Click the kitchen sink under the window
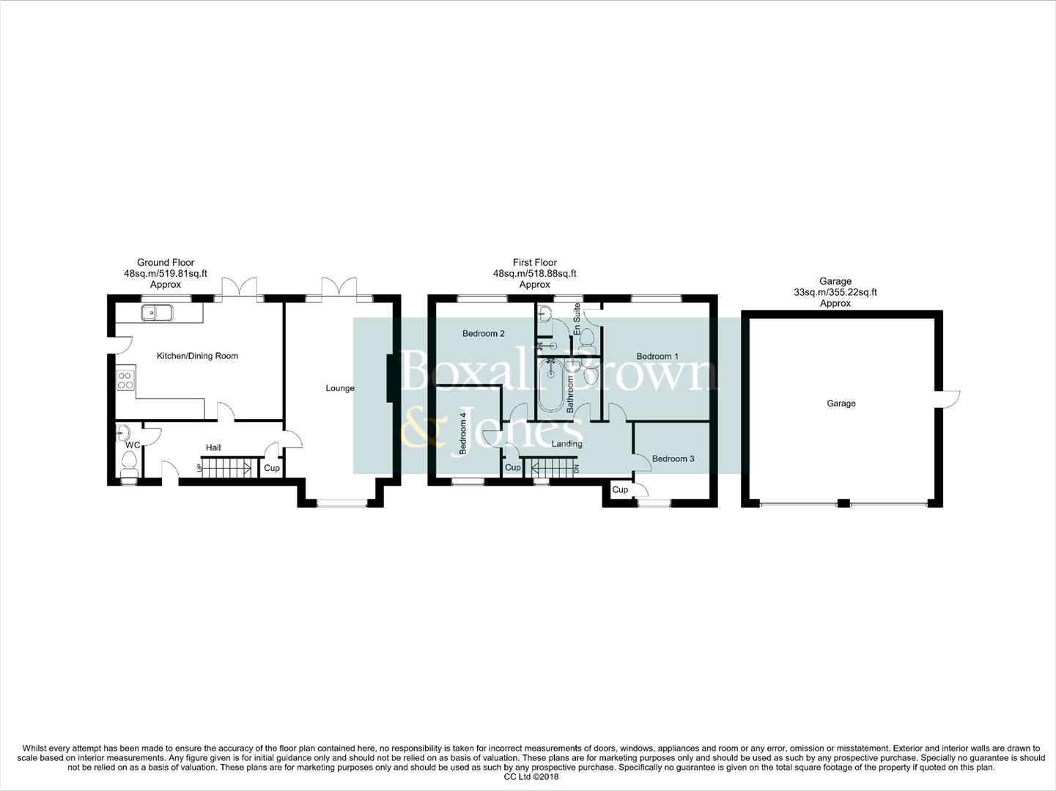point(157,313)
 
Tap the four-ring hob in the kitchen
point(125,380)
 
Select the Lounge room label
point(340,388)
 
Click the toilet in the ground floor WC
point(130,462)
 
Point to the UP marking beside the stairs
point(198,467)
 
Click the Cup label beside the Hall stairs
point(271,468)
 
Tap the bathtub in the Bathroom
point(549,387)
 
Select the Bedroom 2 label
point(483,334)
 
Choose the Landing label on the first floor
point(566,444)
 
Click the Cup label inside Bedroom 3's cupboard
point(619,490)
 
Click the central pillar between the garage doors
point(843,503)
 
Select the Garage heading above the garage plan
point(835,281)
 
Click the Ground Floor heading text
point(166,262)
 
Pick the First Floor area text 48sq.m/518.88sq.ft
point(534,273)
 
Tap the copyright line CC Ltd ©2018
point(527,777)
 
